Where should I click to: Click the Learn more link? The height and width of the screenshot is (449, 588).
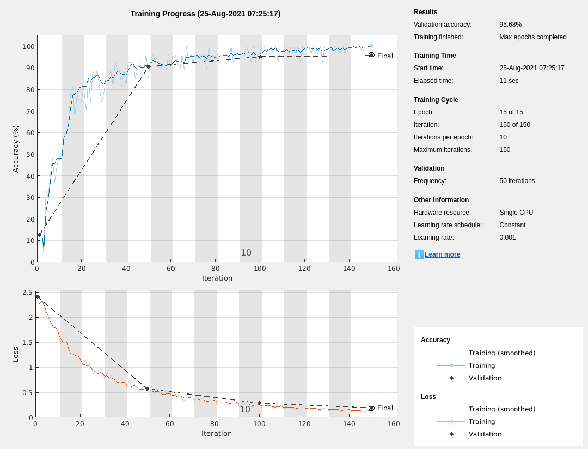442,254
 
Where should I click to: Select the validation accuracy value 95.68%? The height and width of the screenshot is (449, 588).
510,25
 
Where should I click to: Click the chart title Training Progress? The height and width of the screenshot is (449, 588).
205,14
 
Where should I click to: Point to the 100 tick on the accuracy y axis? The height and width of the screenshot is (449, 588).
28,46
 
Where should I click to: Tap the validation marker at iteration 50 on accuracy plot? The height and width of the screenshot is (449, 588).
148,66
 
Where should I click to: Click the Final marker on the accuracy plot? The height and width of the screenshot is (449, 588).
371,56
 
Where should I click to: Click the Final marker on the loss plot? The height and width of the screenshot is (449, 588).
371,408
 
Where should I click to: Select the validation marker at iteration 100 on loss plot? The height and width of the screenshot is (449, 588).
259,403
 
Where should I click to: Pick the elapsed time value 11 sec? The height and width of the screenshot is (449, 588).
509,81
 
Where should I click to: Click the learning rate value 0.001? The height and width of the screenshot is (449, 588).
507,238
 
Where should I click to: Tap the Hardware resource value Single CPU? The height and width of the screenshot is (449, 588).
516,213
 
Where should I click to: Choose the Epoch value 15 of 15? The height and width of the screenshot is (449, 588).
511,112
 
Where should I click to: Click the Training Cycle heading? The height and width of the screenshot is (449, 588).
436,100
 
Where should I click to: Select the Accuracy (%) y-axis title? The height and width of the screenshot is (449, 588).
16,149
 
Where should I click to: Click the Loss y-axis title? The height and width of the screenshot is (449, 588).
16,354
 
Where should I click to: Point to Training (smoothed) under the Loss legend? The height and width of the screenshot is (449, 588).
501,409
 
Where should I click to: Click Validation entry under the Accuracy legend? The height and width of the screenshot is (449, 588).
485,378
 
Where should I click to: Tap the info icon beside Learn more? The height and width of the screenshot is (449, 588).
419,254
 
